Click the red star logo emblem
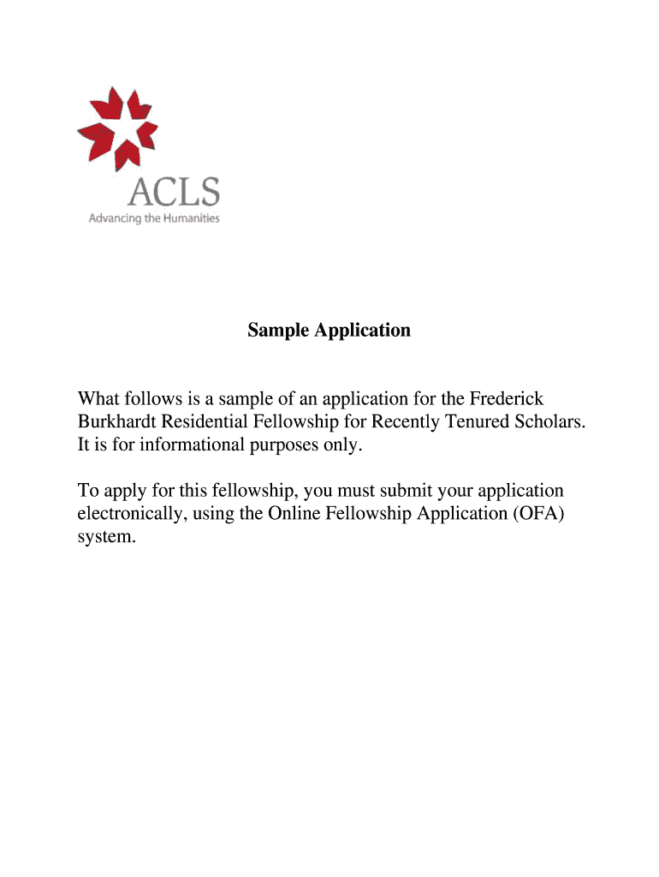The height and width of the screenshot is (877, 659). tap(118, 127)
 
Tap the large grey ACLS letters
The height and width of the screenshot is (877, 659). tap(173, 192)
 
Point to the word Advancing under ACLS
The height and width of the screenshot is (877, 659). tap(113, 218)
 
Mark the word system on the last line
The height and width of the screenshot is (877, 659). tap(105, 537)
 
